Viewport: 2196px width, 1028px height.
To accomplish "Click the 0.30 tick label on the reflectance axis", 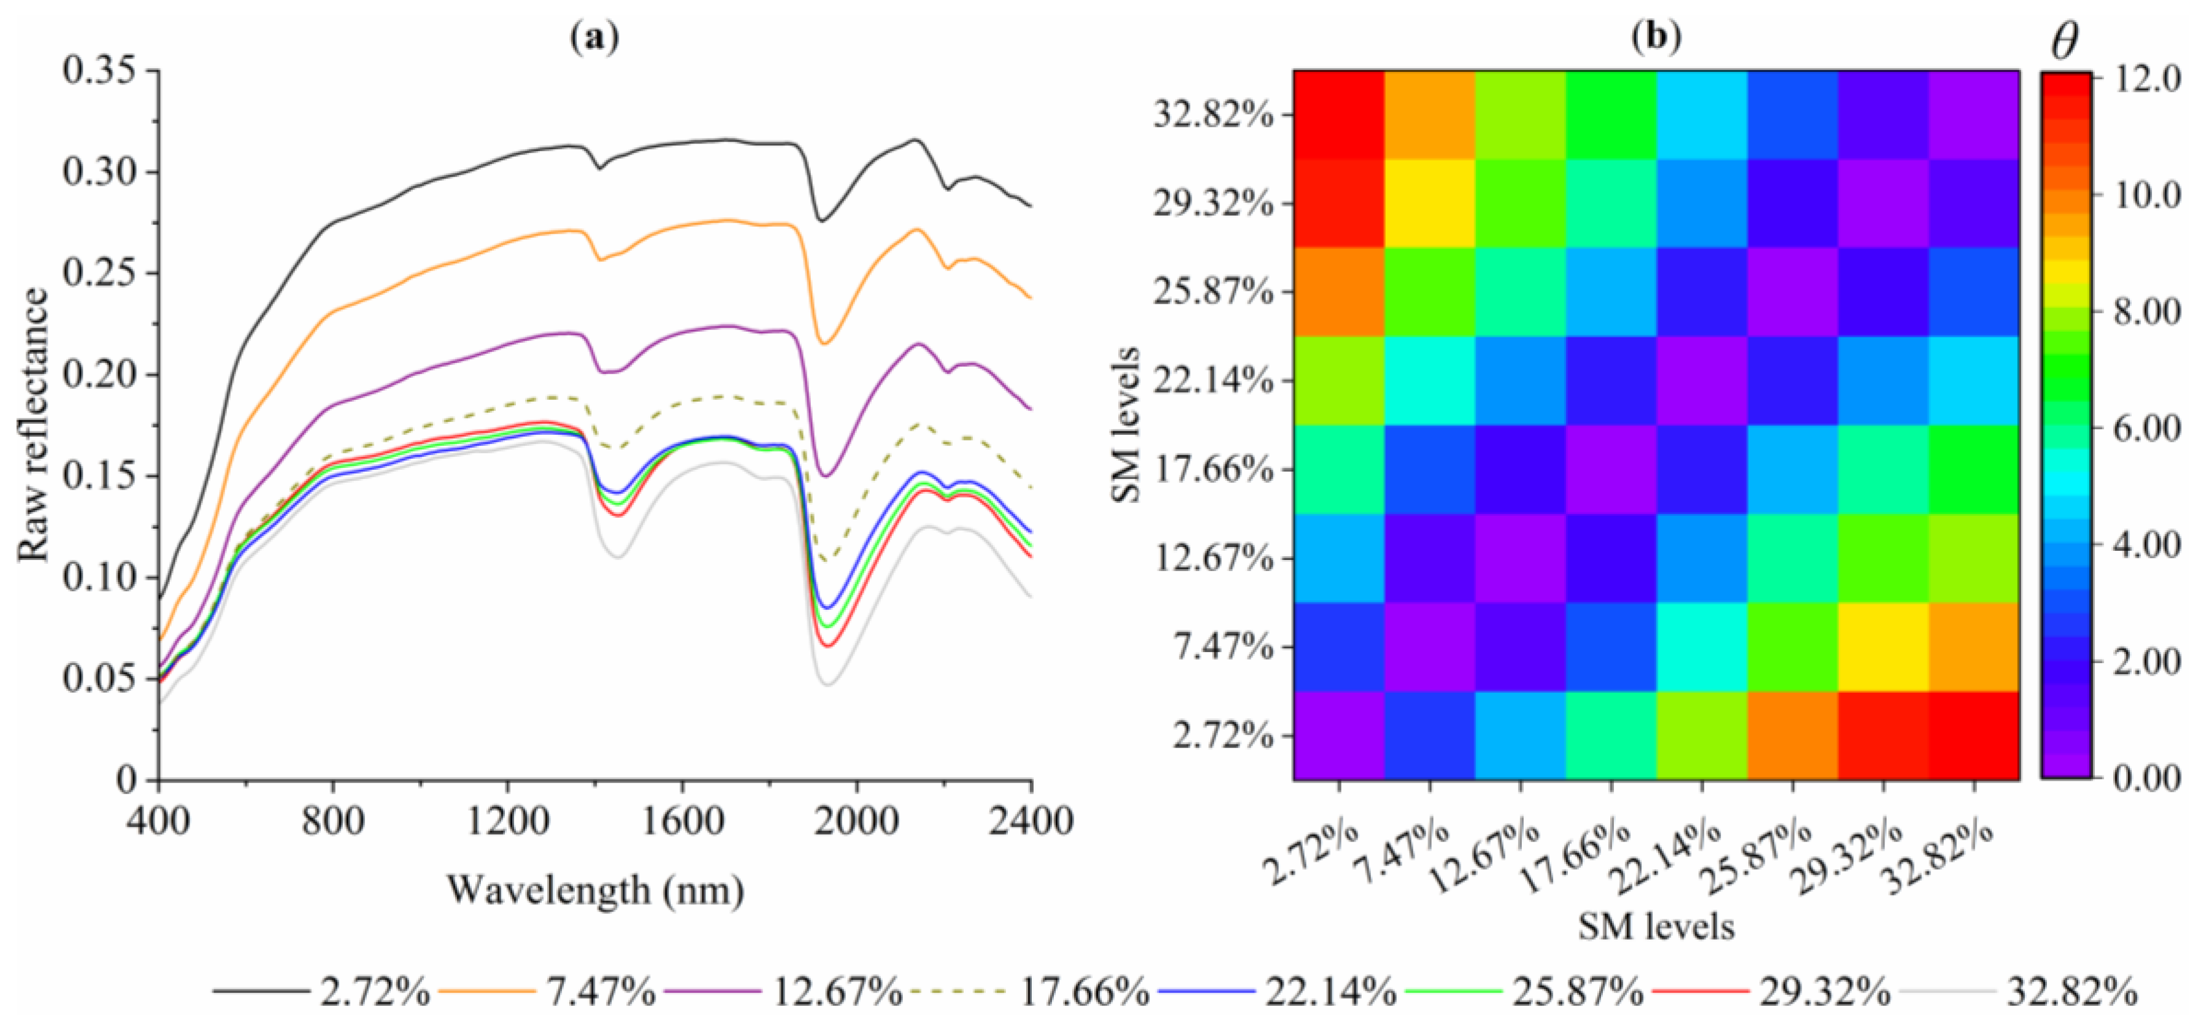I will pyautogui.click(x=98, y=171).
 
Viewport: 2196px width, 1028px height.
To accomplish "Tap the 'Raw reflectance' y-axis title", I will pyautogui.click(x=34, y=424).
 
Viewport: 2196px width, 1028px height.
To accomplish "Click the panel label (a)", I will pyautogui.click(x=594, y=37).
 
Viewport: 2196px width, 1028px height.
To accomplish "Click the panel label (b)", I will pyautogui.click(x=1656, y=37).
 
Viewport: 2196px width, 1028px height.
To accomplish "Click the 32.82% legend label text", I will pyautogui.click(x=2071, y=991).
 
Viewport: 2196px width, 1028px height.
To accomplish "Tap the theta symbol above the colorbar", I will pyautogui.click(x=2064, y=41).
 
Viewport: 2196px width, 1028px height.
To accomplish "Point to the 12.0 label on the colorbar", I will pyautogui.click(x=2146, y=79).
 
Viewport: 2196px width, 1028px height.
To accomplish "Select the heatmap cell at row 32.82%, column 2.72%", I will pyautogui.click(x=1338, y=114).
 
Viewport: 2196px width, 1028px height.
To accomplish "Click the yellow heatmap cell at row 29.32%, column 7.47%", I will pyautogui.click(x=1430, y=203).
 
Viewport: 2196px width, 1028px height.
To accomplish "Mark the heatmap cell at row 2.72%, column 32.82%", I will pyautogui.click(x=1973, y=735).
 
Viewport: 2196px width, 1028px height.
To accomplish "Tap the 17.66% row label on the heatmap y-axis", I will pyautogui.click(x=1213, y=470).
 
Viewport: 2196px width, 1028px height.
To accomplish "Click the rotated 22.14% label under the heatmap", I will pyautogui.click(x=1667, y=857).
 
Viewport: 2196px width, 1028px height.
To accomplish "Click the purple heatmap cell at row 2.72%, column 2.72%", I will pyautogui.click(x=1338, y=735).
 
